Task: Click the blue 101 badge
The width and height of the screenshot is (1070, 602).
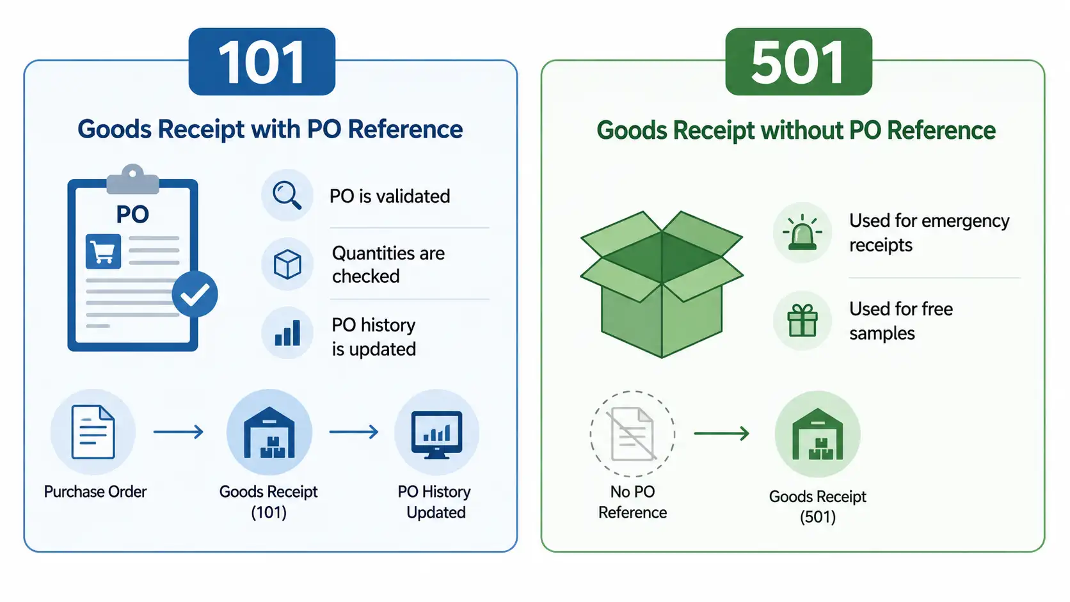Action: click(262, 61)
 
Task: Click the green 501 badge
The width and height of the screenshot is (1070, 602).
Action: click(799, 61)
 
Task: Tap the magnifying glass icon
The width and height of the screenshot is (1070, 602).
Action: click(287, 195)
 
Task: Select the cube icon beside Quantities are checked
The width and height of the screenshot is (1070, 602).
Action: click(287, 264)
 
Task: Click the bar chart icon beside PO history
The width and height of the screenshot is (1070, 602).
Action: click(287, 333)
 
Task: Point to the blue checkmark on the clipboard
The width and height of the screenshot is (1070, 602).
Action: click(195, 294)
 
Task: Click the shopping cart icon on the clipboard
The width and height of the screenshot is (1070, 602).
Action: click(103, 251)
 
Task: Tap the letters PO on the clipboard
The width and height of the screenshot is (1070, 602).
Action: click(132, 214)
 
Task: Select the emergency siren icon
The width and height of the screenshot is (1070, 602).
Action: click(802, 232)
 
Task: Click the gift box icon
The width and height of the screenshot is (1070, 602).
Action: click(802, 321)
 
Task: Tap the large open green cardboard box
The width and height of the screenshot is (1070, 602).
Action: click(662, 284)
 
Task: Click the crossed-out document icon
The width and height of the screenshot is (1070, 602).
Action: click(632, 434)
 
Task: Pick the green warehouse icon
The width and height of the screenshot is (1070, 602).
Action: click(818, 434)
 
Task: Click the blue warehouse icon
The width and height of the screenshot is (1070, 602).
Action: click(269, 432)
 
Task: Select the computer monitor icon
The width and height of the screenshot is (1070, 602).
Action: click(436, 434)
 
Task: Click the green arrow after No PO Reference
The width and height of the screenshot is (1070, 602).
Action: click(721, 434)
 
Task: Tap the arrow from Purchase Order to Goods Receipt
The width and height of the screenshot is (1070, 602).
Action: click(178, 432)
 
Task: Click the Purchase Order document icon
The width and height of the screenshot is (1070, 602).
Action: click(93, 432)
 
